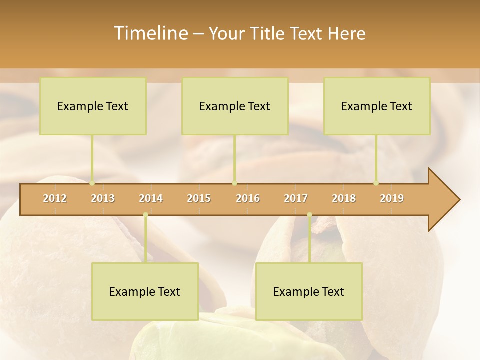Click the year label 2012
coord(55,198)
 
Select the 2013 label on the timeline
coord(103,198)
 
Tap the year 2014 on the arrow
coord(151,198)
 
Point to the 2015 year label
coord(199,198)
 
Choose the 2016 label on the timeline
coord(248,198)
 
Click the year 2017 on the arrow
coord(296,198)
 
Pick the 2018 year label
coord(344,198)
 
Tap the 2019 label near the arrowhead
coord(392,198)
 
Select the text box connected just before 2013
coord(93,106)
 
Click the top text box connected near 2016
coord(235,106)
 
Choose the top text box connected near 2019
coord(377,106)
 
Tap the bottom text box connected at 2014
coord(145,292)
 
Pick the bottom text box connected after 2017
coord(309,292)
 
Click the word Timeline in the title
coord(150,33)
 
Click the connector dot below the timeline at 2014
coord(145,215)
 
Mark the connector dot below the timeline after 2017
coord(309,215)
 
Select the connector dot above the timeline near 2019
coord(376,183)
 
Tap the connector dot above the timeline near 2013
coord(92,183)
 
